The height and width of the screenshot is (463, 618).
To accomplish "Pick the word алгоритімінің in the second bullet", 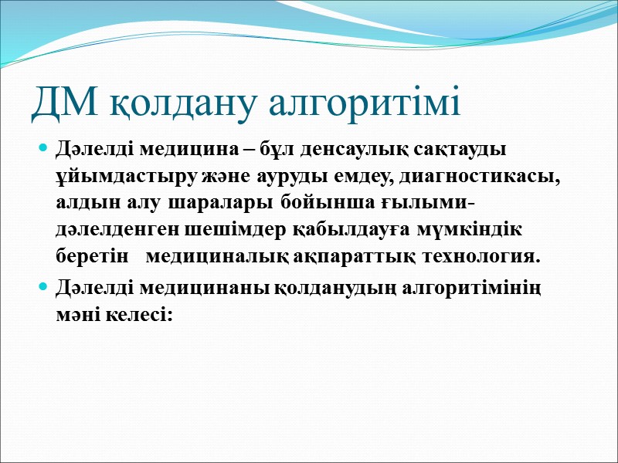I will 474,288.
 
